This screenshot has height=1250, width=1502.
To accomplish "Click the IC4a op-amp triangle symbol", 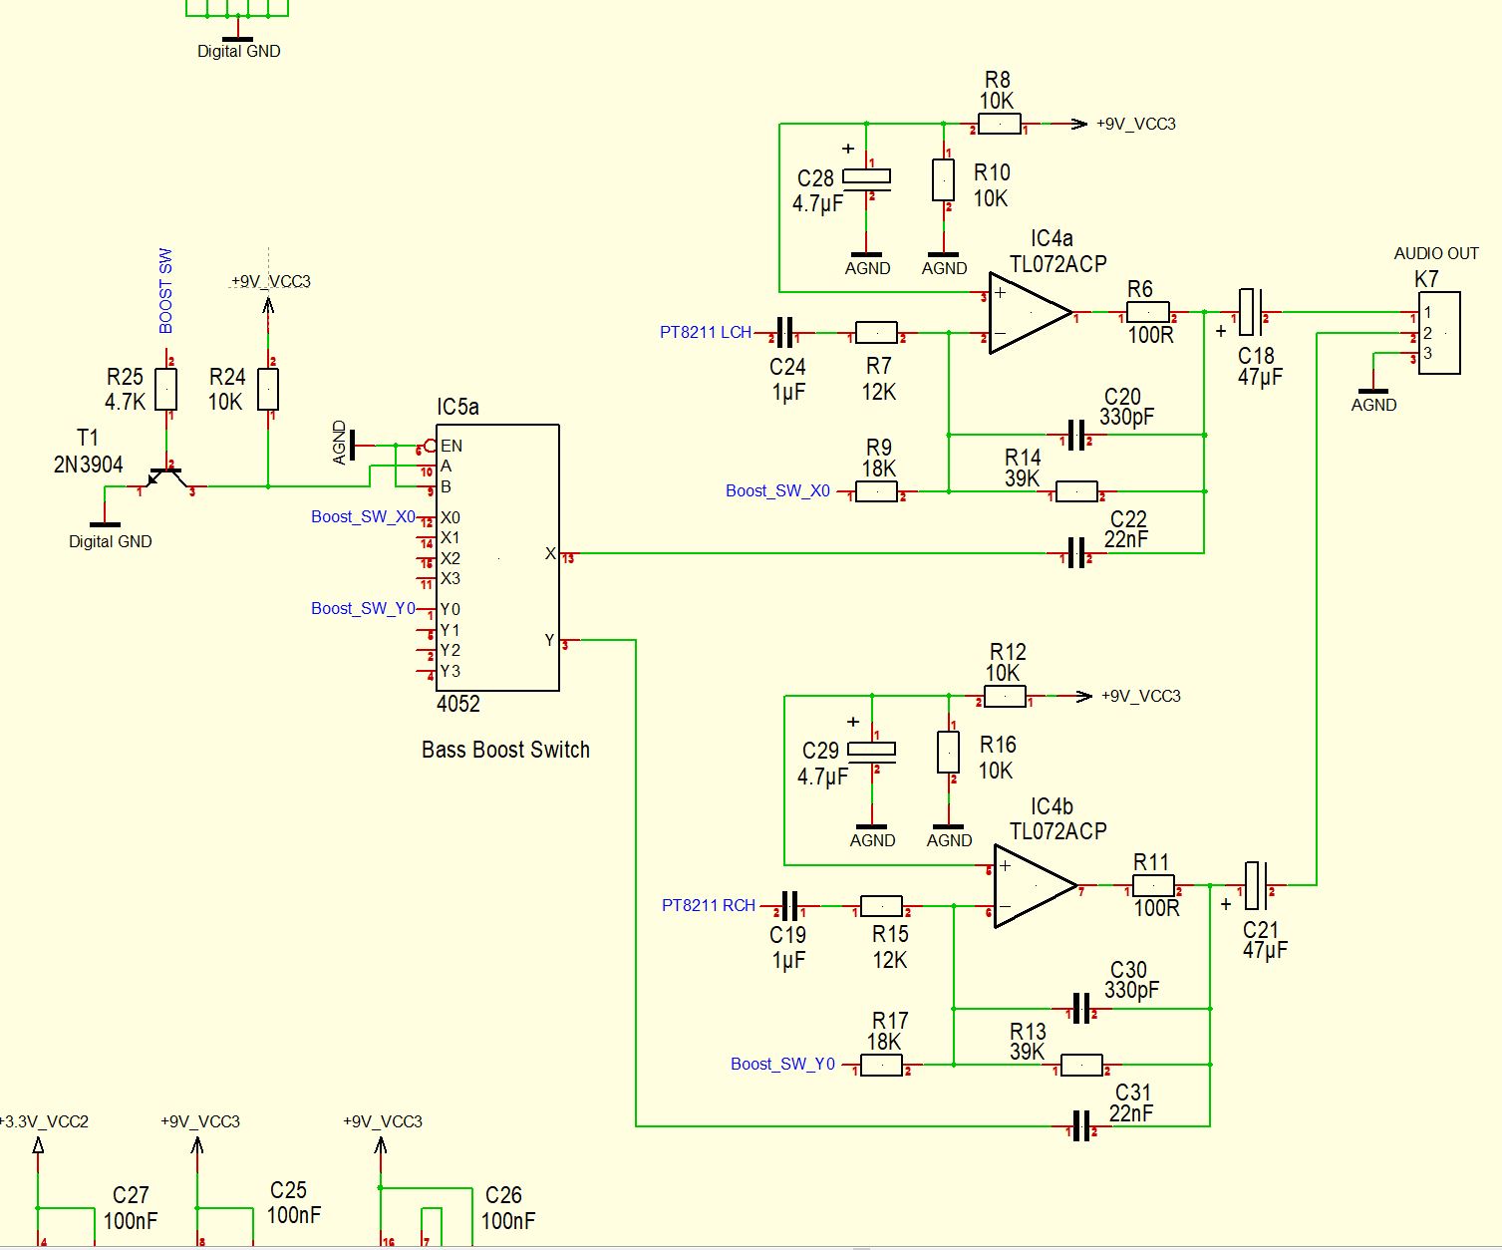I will (1027, 313).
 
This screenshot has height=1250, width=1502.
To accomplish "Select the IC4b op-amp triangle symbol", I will (1033, 885).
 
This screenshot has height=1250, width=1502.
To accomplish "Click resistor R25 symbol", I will (166, 389).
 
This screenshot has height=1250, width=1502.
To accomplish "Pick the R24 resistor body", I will (268, 389).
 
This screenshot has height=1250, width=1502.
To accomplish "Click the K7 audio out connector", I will (1439, 333).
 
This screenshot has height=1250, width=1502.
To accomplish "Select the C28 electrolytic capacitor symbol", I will (867, 177).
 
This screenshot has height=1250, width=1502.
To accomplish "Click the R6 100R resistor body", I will (1148, 313).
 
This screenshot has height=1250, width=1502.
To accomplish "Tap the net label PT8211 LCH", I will (705, 332).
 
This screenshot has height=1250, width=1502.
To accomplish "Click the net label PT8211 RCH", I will (708, 905).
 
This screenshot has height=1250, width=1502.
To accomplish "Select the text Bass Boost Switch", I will (505, 750).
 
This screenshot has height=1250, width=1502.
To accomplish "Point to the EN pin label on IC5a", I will (451, 446).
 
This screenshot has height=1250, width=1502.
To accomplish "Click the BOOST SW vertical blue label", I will (166, 290).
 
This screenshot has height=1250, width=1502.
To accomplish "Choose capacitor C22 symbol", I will (1075, 553).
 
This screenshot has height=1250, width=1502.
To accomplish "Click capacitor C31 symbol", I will (1080, 1126).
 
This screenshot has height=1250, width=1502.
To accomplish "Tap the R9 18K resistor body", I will (877, 491).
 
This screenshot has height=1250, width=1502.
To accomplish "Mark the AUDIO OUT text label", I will (1435, 253).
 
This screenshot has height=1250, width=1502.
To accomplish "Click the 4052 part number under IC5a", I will (458, 704).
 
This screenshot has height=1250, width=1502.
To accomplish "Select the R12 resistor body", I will (1005, 697).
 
